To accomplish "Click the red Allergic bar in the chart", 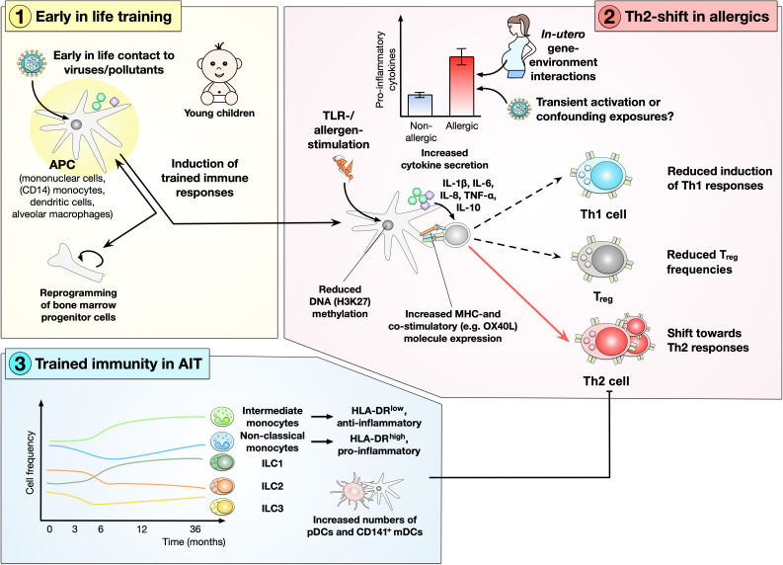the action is pos(461,86).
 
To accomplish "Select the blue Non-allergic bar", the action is pos(420,105).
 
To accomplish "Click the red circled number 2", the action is pos(609,17).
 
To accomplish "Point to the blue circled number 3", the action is pos(19,363).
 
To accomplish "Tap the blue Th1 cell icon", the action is pos(600,178).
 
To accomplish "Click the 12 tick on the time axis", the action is pos(142,529).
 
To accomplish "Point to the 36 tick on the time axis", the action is pos(196,529).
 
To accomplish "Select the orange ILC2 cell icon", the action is pos(222,486).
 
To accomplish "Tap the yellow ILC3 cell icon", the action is pos(222,508).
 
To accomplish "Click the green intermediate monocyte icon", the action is pos(222,417).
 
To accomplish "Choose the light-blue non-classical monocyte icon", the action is pos(222,442).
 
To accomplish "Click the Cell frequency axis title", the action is pos(30,463).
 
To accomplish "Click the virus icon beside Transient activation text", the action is pos(519,109).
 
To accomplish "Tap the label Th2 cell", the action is pos(605,381).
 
